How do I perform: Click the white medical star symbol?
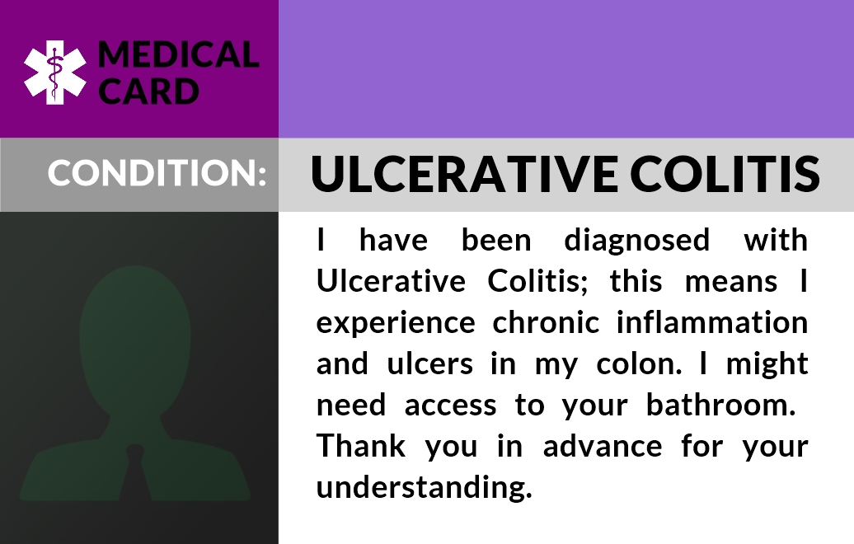pos(55,73)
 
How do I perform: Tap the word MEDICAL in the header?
pos(178,55)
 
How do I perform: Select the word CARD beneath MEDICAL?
pos(148,91)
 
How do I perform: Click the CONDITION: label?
pos(157,172)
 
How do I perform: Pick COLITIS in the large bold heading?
pos(725,174)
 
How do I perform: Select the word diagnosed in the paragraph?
pos(636,241)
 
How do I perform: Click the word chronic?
pos(546,321)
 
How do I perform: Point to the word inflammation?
pos(712,321)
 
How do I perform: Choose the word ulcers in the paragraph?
pos(429,363)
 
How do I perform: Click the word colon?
pos(639,363)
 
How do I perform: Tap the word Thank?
pos(361,445)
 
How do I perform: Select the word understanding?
pos(425,488)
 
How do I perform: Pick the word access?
pos(450,406)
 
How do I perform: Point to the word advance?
pos(603,445)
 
